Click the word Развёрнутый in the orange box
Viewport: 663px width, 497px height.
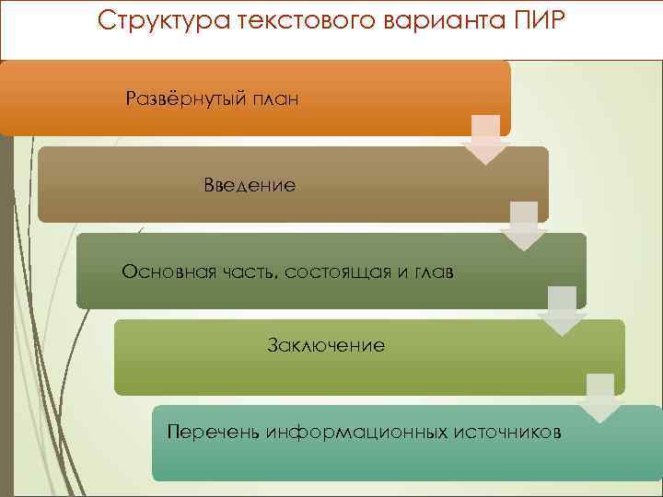click(183, 98)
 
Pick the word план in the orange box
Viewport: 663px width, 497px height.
click(273, 98)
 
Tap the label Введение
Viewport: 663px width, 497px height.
click(250, 186)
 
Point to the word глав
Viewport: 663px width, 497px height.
click(431, 272)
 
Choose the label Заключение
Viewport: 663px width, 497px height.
click(326, 346)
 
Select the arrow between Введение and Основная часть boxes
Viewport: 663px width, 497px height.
click(523, 226)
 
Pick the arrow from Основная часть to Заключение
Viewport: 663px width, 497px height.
click(562, 311)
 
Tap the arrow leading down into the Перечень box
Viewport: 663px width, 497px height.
click(600, 398)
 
